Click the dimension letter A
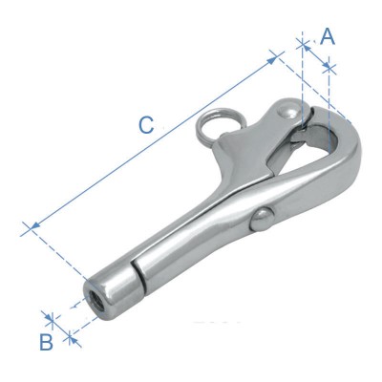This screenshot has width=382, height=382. point(328,37)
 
